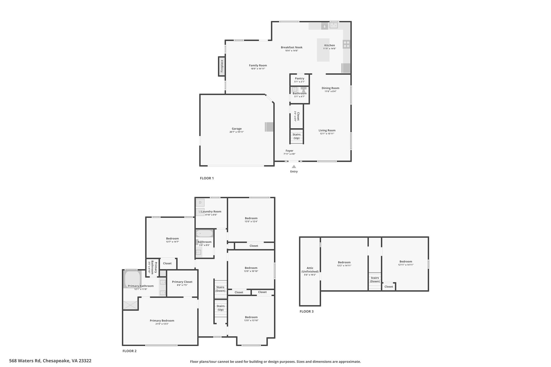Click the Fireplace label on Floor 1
222,66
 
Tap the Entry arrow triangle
294,167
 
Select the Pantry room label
299,79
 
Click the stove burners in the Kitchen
347,44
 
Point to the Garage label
237,129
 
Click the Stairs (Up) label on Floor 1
296,136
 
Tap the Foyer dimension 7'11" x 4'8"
289,154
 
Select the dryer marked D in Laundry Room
200,202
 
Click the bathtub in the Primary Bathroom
132,279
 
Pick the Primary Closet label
182,282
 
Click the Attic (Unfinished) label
310,270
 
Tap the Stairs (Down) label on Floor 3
375,280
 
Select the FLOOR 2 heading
129,351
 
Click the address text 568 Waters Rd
25,361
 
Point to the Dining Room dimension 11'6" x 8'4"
330,91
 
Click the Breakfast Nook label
292,47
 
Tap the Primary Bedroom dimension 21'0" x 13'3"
162,324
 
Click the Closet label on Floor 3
389,287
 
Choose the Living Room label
327,130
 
